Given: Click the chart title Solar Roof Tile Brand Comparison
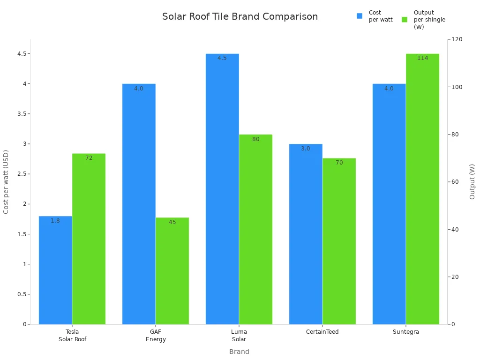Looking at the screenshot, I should tap(240, 17).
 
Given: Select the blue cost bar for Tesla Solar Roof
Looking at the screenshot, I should tap(55, 272).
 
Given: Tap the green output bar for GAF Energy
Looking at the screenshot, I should tap(172, 272).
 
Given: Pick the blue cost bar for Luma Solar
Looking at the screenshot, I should tap(222, 187).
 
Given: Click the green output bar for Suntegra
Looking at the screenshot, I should tap(422, 187).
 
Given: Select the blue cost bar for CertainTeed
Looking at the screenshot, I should tap(306, 234).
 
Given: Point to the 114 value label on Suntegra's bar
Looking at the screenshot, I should tap(422, 58).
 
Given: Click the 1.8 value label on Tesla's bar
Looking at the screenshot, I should tap(55, 221).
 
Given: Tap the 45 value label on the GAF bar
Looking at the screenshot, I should tap(172, 222).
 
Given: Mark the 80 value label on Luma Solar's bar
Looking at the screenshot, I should tap(255, 139).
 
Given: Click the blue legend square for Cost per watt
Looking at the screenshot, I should tap(360, 16).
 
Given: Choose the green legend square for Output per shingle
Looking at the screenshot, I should tap(405, 20).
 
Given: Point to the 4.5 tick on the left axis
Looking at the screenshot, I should tap(22, 54).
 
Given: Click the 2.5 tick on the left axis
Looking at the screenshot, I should tap(22, 174).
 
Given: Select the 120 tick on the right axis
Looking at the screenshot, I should tap(457, 39).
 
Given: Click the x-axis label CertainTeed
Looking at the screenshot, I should tap(322, 332).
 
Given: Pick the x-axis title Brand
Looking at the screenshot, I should tap(239, 352).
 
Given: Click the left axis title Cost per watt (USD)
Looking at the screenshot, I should tap(6, 182).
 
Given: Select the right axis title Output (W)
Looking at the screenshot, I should tap(472, 182).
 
